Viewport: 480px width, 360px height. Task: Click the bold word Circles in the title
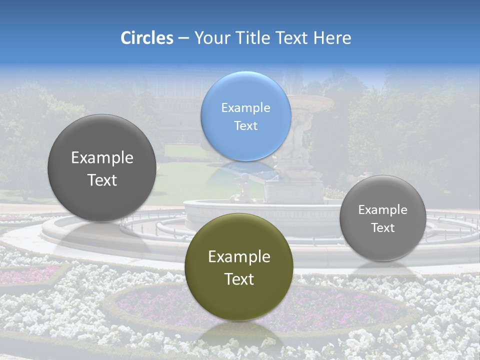tap(146, 38)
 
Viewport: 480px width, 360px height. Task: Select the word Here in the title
tap(332, 38)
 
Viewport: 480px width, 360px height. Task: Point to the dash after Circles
tap(183, 38)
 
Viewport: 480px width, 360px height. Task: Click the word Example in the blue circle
tap(245, 107)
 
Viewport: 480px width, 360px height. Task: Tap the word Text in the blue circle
tap(245, 125)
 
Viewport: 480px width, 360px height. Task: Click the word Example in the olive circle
tap(239, 257)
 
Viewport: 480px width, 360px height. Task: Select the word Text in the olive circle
tap(239, 279)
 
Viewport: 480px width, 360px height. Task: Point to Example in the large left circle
tap(102, 158)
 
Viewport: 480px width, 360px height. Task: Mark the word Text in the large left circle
tap(102, 180)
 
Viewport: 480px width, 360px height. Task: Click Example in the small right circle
tap(382, 210)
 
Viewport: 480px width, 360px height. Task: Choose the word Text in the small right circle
tap(382, 228)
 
